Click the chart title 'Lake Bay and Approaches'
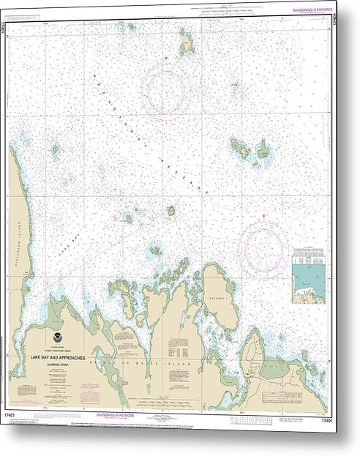point(59,356)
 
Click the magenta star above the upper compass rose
point(166,56)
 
